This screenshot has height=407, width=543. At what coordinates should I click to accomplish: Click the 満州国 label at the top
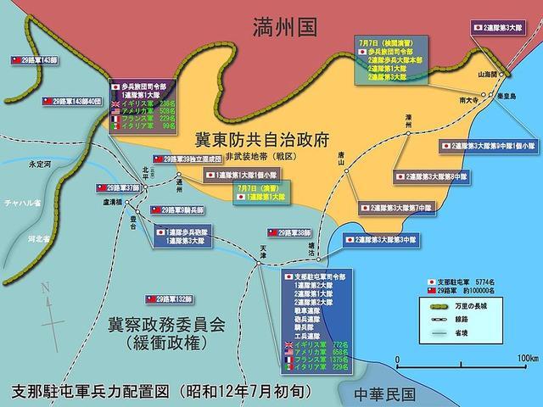(284, 29)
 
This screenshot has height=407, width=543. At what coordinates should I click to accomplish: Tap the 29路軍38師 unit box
(288, 231)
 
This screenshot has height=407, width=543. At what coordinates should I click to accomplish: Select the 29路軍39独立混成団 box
(188, 159)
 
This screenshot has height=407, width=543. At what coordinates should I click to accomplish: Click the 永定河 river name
(39, 164)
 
